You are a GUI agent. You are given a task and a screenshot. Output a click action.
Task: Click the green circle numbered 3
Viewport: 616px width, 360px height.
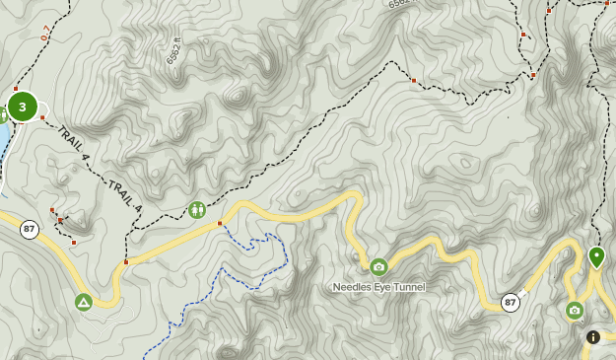pyautogui.click(x=22, y=107)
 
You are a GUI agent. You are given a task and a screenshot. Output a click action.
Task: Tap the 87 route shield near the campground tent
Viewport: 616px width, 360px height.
pyautogui.click(x=30, y=230)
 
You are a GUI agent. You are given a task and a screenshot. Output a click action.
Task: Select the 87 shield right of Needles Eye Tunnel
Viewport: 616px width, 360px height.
pyautogui.click(x=510, y=302)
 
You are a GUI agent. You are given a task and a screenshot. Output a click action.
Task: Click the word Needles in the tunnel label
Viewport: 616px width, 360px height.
pyautogui.click(x=353, y=287)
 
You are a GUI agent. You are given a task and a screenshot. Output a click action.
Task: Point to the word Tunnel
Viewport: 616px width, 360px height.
pyautogui.click(x=407, y=287)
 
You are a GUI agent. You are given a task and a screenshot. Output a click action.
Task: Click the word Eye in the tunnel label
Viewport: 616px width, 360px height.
pyautogui.click(x=381, y=287)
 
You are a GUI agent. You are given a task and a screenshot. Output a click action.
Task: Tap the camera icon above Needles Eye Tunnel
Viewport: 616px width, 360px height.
pyautogui.click(x=378, y=266)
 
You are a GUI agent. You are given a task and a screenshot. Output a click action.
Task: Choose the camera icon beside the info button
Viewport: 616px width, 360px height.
pyautogui.click(x=575, y=311)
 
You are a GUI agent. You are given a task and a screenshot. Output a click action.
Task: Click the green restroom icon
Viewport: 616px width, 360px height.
pyautogui.click(x=197, y=210)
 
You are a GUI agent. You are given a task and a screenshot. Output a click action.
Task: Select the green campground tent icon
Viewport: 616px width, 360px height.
pyautogui.click(x=84, y=303)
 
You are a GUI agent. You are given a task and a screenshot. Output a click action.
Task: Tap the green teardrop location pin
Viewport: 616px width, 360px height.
pyautogui.click(x=596, y=256)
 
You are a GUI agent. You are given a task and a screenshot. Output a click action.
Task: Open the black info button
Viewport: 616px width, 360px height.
pyautogui.click(x=593, y=337)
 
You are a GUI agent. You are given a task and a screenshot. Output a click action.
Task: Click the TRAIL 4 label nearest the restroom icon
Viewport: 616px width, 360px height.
pyautogui.click(x=125, y=194)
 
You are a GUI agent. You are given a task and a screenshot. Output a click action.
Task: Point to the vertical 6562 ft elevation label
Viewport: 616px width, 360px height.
pyautogui.click(x=172, y=52)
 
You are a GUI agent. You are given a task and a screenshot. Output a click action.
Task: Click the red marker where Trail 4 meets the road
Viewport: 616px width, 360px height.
pyautogui.click(x=126, y=262)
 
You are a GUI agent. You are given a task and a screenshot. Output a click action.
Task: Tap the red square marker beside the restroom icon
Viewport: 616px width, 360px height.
pyautogui.click(x=219, y=224)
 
